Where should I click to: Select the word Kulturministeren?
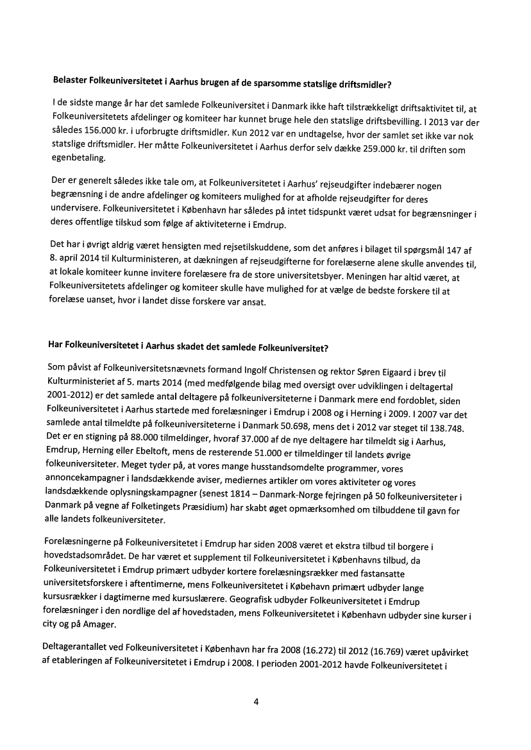coord(142,259)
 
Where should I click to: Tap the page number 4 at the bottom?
coord(257,701)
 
